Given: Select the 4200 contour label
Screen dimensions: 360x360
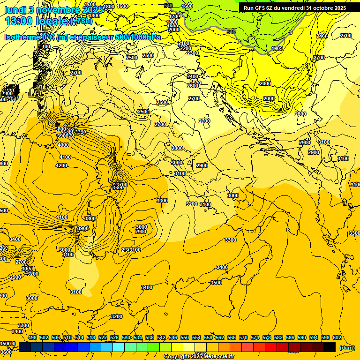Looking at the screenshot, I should tap(61, 165).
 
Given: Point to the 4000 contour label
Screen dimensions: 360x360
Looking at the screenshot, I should tap(63, 145).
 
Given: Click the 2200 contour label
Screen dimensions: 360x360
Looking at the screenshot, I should tap(186, 48).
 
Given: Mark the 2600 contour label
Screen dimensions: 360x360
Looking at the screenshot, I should tap(193, 86).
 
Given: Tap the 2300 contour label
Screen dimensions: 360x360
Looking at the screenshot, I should tap(193, 53).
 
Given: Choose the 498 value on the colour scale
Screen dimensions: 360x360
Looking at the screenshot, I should tap(32, 337).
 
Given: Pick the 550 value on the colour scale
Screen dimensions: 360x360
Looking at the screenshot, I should tap(185, 337).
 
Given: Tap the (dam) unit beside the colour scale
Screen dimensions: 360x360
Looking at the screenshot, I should tap(347, 348).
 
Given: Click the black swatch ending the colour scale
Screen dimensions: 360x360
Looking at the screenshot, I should tap(330, 347).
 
